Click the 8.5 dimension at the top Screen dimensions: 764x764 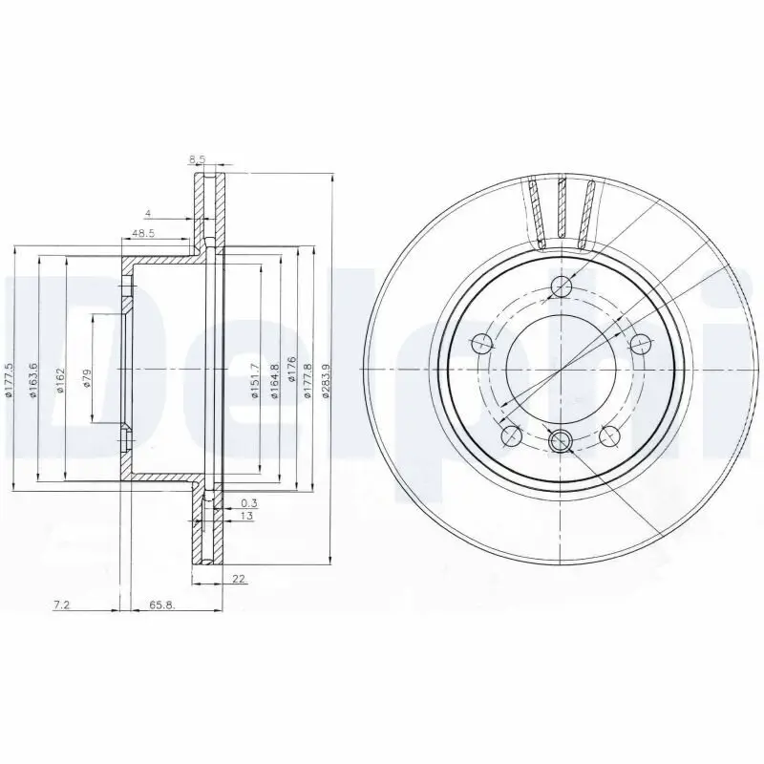pyautogui.click(x=198, y=159)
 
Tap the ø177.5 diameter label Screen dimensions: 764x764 pyautogui.click(x=8, y=379)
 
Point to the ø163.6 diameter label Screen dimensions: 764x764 pyautogui.click(x=33, y=381)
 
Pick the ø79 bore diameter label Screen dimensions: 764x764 pyautogui.click(x=87, y=378)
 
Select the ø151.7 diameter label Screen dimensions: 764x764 pyautogui.click(x=255, y=381)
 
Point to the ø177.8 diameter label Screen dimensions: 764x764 pyautogui.click(x=308, y=381)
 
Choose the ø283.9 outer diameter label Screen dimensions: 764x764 pyautogui.click(x=326, y=380)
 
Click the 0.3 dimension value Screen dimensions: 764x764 pyautogui.click(x=249, y=502)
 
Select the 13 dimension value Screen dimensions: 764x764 pyautogui.click(x=246, y=516)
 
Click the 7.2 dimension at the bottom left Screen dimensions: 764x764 pyautogui.click(x=60, y=605)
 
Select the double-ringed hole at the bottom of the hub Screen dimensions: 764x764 pyautogui.click(x=562, y=439)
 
